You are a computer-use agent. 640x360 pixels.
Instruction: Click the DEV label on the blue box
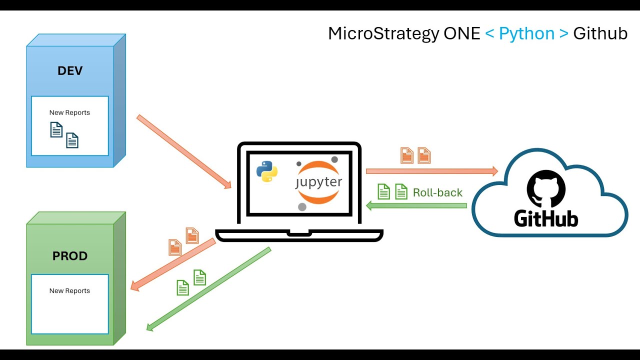point(69,70)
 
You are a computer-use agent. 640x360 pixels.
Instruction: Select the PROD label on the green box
point(69,256)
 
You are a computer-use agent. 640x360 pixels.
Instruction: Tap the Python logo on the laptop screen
point(267,171)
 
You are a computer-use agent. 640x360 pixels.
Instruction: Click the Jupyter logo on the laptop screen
point(318,181)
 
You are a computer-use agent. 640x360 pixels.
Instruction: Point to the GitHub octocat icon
point(546,188)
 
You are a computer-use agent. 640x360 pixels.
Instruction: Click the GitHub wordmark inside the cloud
point(546,218)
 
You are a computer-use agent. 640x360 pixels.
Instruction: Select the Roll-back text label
point(437,192)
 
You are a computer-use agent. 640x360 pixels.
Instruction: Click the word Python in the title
point(526,33)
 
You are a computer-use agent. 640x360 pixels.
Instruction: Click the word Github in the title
point(600,33)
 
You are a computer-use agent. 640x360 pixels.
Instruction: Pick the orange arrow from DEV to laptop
point(184,151)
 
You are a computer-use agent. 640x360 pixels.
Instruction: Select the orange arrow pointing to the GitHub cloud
point(432,171)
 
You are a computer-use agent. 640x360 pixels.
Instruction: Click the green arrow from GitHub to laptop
point(416,205)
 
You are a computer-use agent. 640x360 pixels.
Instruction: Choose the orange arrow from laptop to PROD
point(173,264)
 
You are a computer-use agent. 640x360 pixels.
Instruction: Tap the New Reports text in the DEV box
point(69,112)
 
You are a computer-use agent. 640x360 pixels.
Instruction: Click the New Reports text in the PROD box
point(69,290)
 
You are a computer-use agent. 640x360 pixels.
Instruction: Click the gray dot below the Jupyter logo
point(302,207)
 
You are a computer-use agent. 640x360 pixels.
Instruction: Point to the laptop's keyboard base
point(299,235)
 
